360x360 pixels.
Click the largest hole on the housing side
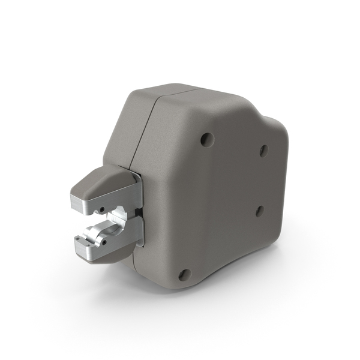tap(207, 140)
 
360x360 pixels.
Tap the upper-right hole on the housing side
tap(263, 151)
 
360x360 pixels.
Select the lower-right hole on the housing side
tap(260, 211)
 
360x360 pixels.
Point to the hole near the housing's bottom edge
tap(185, 275)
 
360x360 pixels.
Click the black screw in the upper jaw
tap(102, 209)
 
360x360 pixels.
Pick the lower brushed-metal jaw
tap(102, 240)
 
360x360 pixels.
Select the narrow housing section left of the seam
tap(129, 132)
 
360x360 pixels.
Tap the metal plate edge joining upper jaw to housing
tap(137, 192)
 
